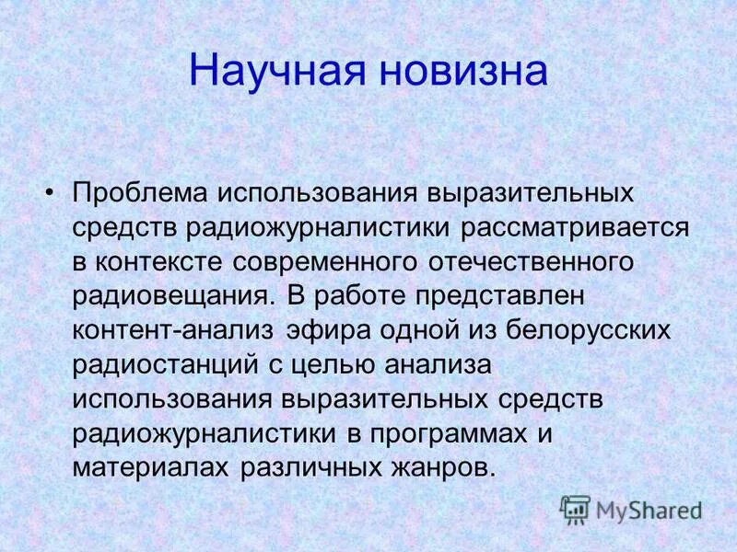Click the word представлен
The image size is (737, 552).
coord(507,295)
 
